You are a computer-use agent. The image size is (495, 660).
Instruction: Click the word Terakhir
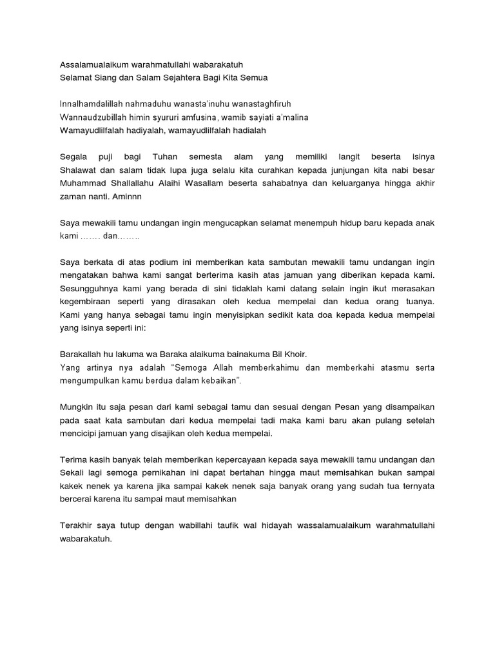coord(79,525)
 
